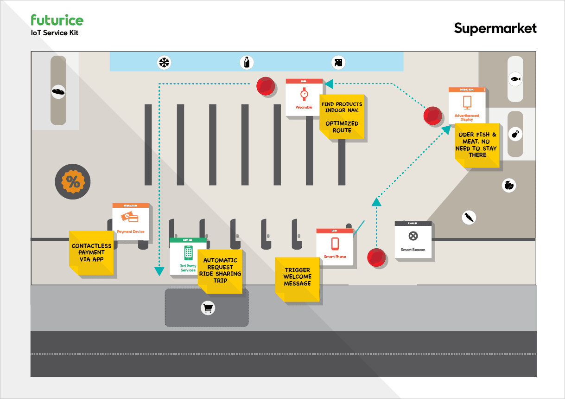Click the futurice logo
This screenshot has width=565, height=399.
(57, 20)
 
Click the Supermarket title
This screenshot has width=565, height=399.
(495, 28)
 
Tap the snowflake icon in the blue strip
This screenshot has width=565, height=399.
(163, 62)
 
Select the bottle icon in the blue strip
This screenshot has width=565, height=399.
(247, 62)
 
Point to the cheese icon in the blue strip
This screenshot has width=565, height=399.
(339, 62)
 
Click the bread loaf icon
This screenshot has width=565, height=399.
(58, 91)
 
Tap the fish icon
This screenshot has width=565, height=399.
(515, 79)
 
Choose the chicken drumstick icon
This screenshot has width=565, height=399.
(515, 135)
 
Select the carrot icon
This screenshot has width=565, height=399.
(470, 217)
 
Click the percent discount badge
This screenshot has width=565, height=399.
(73, 182)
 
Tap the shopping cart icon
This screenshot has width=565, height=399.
(208, 308)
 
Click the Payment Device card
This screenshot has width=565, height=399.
(131, 221)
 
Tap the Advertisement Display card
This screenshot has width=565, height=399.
(467, 105)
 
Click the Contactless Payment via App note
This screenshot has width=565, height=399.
(91, 253)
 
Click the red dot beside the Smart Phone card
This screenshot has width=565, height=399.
(376, 257)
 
